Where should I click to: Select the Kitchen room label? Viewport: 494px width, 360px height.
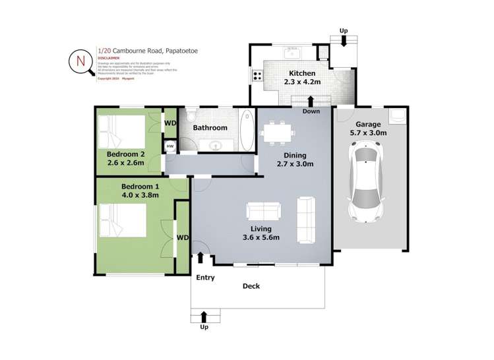(301, 73)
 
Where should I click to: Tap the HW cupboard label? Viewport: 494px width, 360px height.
(170, 146)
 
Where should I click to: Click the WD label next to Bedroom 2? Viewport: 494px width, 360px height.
(170, 123)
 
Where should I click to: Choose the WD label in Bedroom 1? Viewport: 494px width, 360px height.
(183, 237)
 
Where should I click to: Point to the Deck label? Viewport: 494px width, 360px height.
(251, 286)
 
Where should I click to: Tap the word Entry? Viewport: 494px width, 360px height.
(205, 278)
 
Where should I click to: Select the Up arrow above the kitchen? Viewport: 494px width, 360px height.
(343, 40)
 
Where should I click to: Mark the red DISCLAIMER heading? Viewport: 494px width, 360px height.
(109, 58)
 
